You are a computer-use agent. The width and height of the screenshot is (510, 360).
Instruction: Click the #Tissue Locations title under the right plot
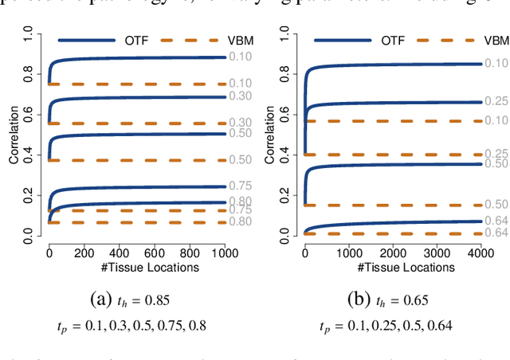392,267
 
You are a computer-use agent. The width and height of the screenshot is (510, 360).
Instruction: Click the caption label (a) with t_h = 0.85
131,301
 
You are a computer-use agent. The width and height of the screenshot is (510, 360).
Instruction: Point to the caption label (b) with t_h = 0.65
389,301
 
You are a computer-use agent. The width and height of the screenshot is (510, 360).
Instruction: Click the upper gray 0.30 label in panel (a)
241,96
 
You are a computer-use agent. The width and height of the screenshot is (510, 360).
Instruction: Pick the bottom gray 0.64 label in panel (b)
496,233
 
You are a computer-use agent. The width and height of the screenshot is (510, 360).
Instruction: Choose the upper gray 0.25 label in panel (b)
496,102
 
